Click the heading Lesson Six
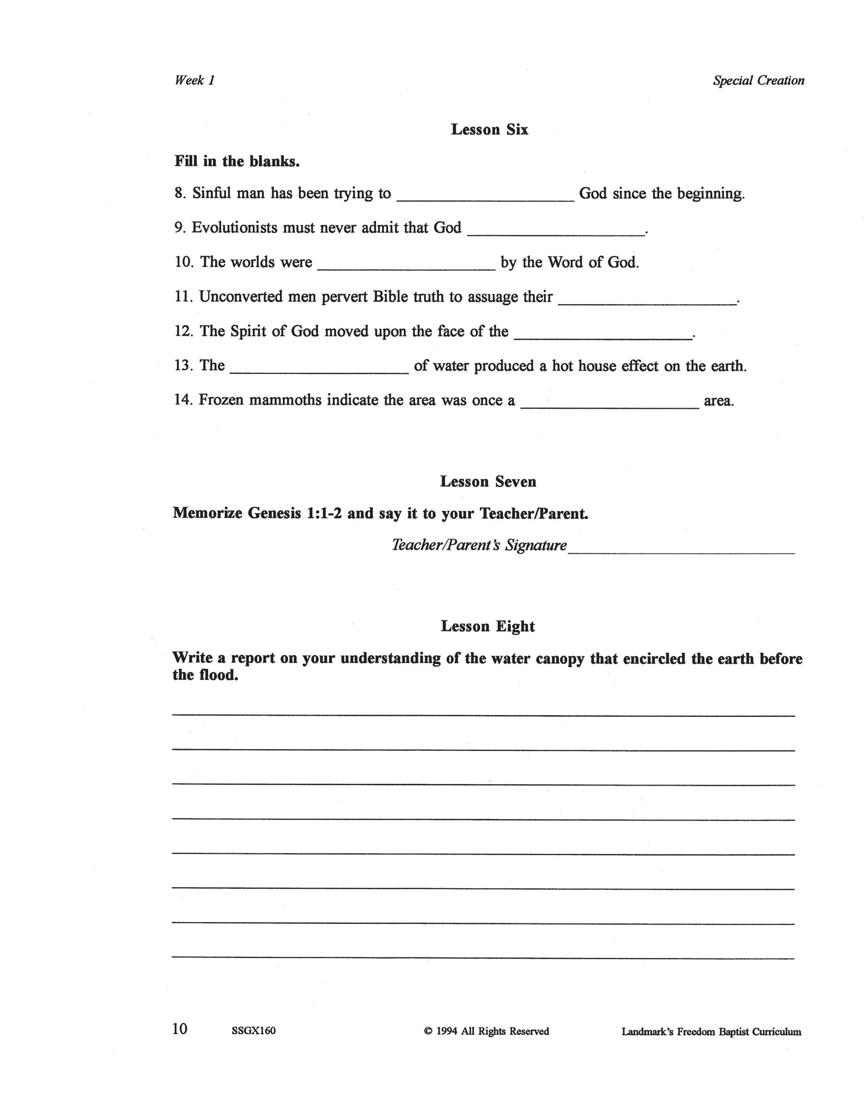(x=489, y=130)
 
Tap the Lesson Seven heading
(x=488, y=482)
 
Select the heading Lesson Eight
(x=488, y=627)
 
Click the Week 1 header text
(x=194, y=80)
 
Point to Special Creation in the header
(x=758, y=80)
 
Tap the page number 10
(x=179, y=1029)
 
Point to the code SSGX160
(x=253, y=1031)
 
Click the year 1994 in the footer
(x=447, y=1031)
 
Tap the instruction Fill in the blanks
(x=237, y=162)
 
